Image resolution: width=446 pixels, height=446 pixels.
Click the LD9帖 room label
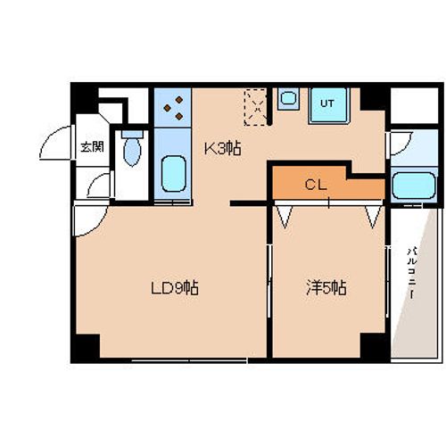coord(175,288)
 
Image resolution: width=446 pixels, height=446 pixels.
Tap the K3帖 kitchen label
coord(223,148)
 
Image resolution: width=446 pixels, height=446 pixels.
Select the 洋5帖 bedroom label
coord(326,287)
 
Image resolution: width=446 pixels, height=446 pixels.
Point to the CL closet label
coord(316,185)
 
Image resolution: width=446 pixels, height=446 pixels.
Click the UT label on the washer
coord(327,103)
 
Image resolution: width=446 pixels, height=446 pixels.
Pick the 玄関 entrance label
coord(93,146)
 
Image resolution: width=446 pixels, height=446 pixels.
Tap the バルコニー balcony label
coord(412,273)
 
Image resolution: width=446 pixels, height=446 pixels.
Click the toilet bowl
coord(132,152)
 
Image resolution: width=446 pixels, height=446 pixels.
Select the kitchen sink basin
coord(174,174)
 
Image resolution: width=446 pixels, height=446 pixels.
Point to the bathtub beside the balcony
coord(414,186)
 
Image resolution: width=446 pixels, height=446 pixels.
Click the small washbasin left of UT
coord(288,98)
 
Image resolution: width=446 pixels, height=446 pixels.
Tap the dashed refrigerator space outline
coord(255,107)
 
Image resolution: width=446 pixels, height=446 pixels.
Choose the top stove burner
coord(179,100)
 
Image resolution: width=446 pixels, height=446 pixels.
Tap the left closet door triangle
coord(285,217)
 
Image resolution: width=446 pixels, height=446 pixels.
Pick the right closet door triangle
coord(373,217)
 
